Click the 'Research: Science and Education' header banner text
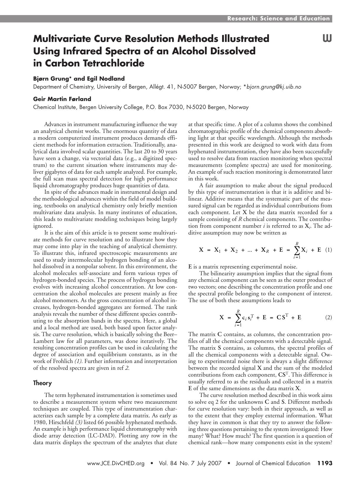[x=278, y=19]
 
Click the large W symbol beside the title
[x=327, y=39]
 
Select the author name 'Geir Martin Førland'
[x=62, y=99]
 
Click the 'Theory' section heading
[x=42, y=383]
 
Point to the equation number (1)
[x=328, y=250]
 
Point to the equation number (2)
[x=328, y=317]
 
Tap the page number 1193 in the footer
[x=325, y=463]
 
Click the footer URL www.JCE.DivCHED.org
[x=115, y=463]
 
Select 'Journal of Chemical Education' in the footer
[x=273, y=463]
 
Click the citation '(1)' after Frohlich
[x=78, y=361]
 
